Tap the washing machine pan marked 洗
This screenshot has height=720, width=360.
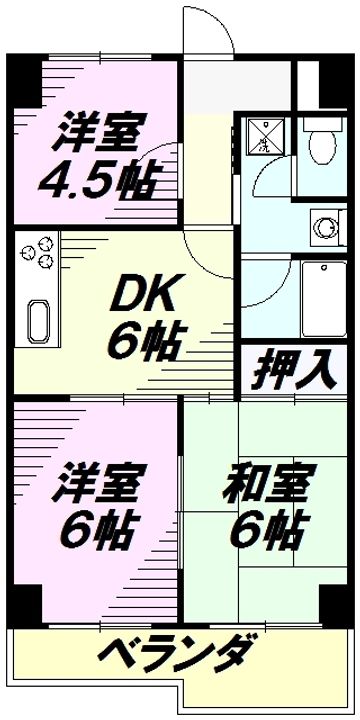pyautogui.click(x=267, y=137)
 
